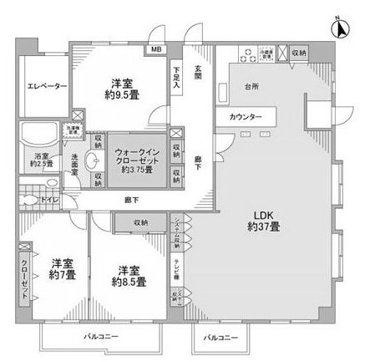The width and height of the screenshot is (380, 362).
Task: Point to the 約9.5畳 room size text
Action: point(122,94)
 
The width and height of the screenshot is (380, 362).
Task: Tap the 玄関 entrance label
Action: point(198,73)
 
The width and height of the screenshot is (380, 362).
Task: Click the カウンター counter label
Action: point(246,117)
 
